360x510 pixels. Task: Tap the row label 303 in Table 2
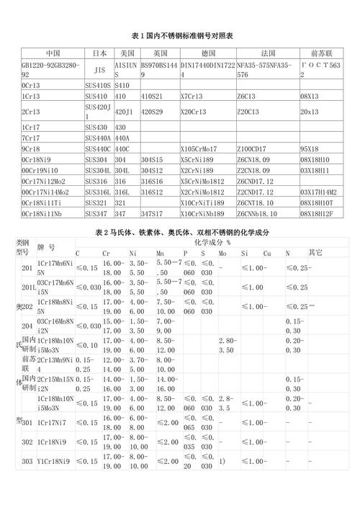coord(27,462)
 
